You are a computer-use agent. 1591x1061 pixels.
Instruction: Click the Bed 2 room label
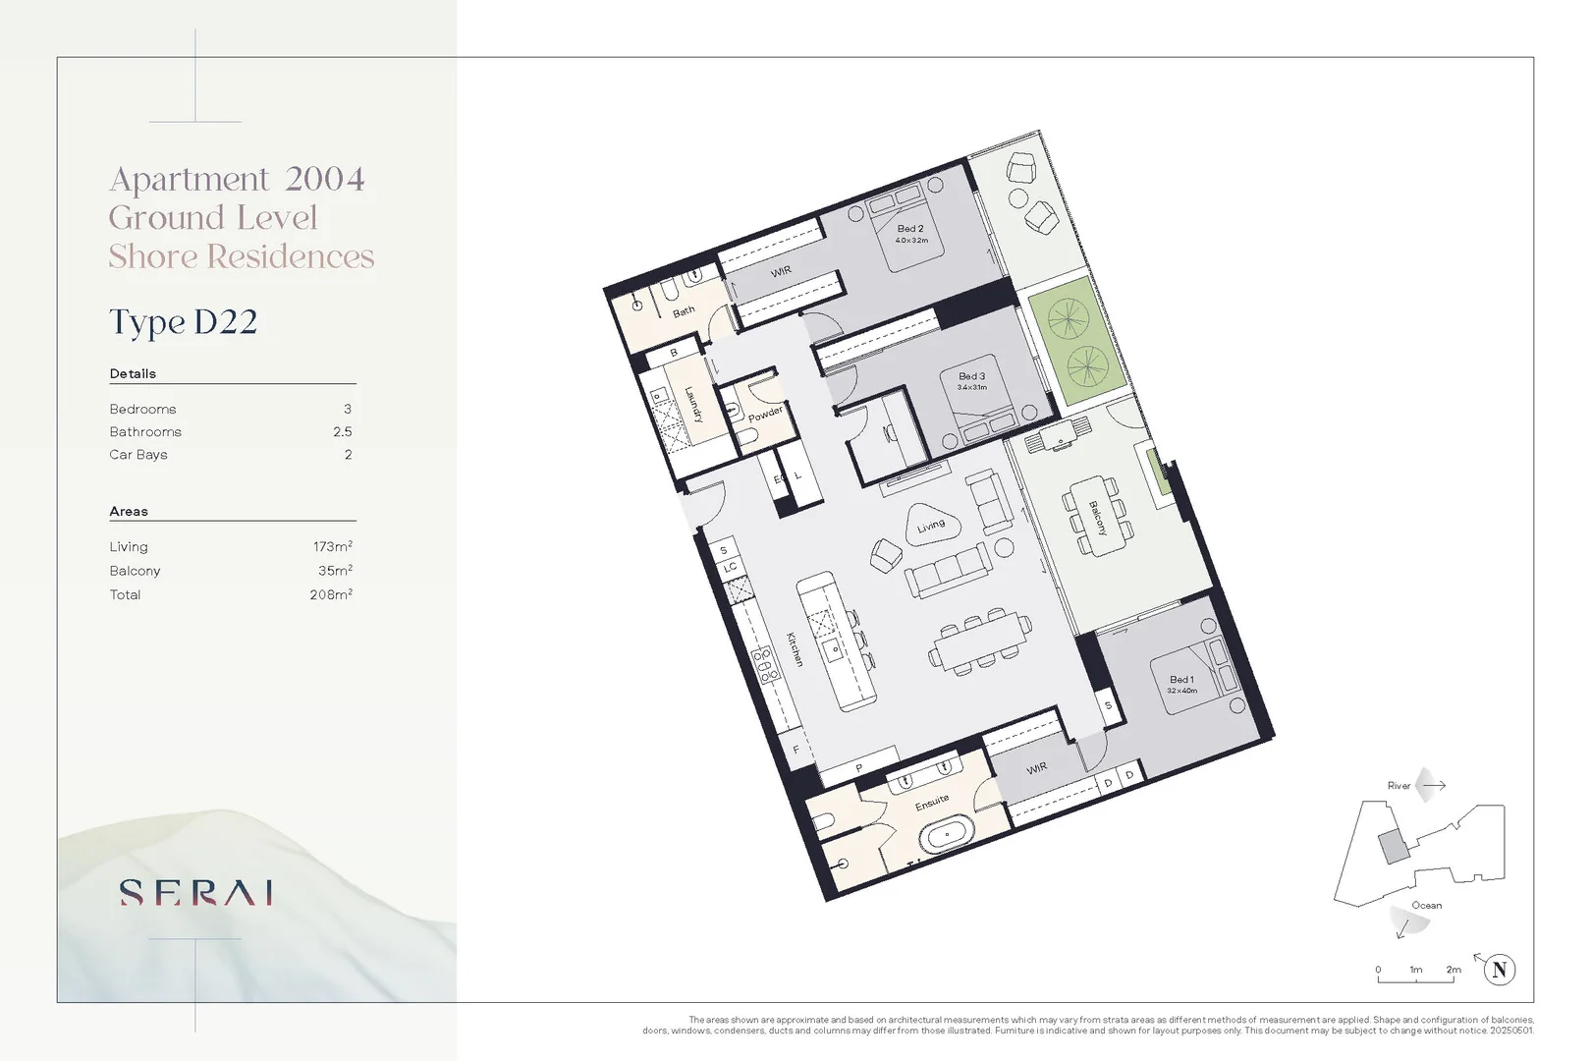click(x=910, y=229)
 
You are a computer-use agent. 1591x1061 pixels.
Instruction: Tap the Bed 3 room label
click(x=971, y=376)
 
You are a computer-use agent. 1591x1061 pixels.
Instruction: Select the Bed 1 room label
click(x=1181, y=680)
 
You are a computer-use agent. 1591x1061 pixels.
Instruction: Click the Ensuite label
click(x=932, y=803)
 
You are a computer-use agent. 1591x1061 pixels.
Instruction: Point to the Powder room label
click(x=765, y=414)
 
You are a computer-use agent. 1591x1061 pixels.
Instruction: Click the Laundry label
click(x=692, y=403)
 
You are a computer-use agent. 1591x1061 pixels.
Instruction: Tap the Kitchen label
click(x=795, y=648)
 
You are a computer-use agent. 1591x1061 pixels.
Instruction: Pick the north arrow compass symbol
click(x=1499, y=970)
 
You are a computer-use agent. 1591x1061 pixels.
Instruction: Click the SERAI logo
click(x=196, y=892)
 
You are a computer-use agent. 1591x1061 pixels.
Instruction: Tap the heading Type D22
click(x=184, y=322)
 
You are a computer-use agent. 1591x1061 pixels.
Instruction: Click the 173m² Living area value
click(x=333, y=546)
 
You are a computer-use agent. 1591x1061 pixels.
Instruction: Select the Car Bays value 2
click(x=348, y=455)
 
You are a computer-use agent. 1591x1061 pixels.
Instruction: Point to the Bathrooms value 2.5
click(x=342, y=432)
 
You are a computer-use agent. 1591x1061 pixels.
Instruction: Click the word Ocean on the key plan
click(x=1426, y=906)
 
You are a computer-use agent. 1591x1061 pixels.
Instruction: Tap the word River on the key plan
click(x=1399, y=786)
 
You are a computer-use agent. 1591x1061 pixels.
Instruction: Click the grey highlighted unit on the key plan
click(x=1392, y=846)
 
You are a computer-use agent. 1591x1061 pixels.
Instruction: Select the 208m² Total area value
click(x=331, y=594)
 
